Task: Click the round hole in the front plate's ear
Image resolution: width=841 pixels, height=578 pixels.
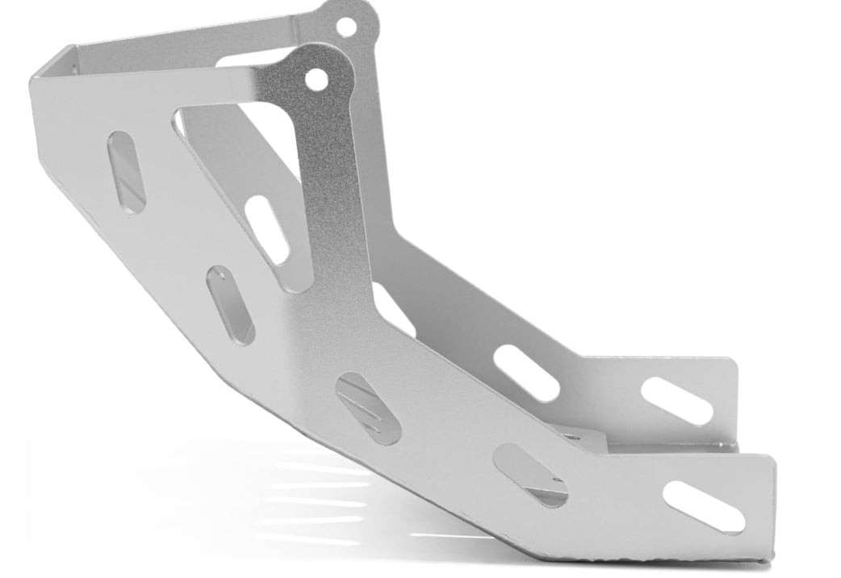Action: (x=316, y=79)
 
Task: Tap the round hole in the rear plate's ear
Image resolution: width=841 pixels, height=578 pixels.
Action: (x=345, y=27)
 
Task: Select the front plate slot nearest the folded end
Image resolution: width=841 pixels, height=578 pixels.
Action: (x=126, y=172)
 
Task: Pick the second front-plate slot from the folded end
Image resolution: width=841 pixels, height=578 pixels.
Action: (x=231, y=305)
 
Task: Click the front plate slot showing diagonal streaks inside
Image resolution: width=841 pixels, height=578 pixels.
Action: (x=368, y=408)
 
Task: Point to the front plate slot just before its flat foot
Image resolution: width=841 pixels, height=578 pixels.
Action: (x=530, y=475)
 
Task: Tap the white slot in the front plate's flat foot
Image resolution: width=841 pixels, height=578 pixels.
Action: (x=704, y=506)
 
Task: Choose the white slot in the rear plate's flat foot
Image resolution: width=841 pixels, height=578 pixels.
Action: (x=677, y=400)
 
